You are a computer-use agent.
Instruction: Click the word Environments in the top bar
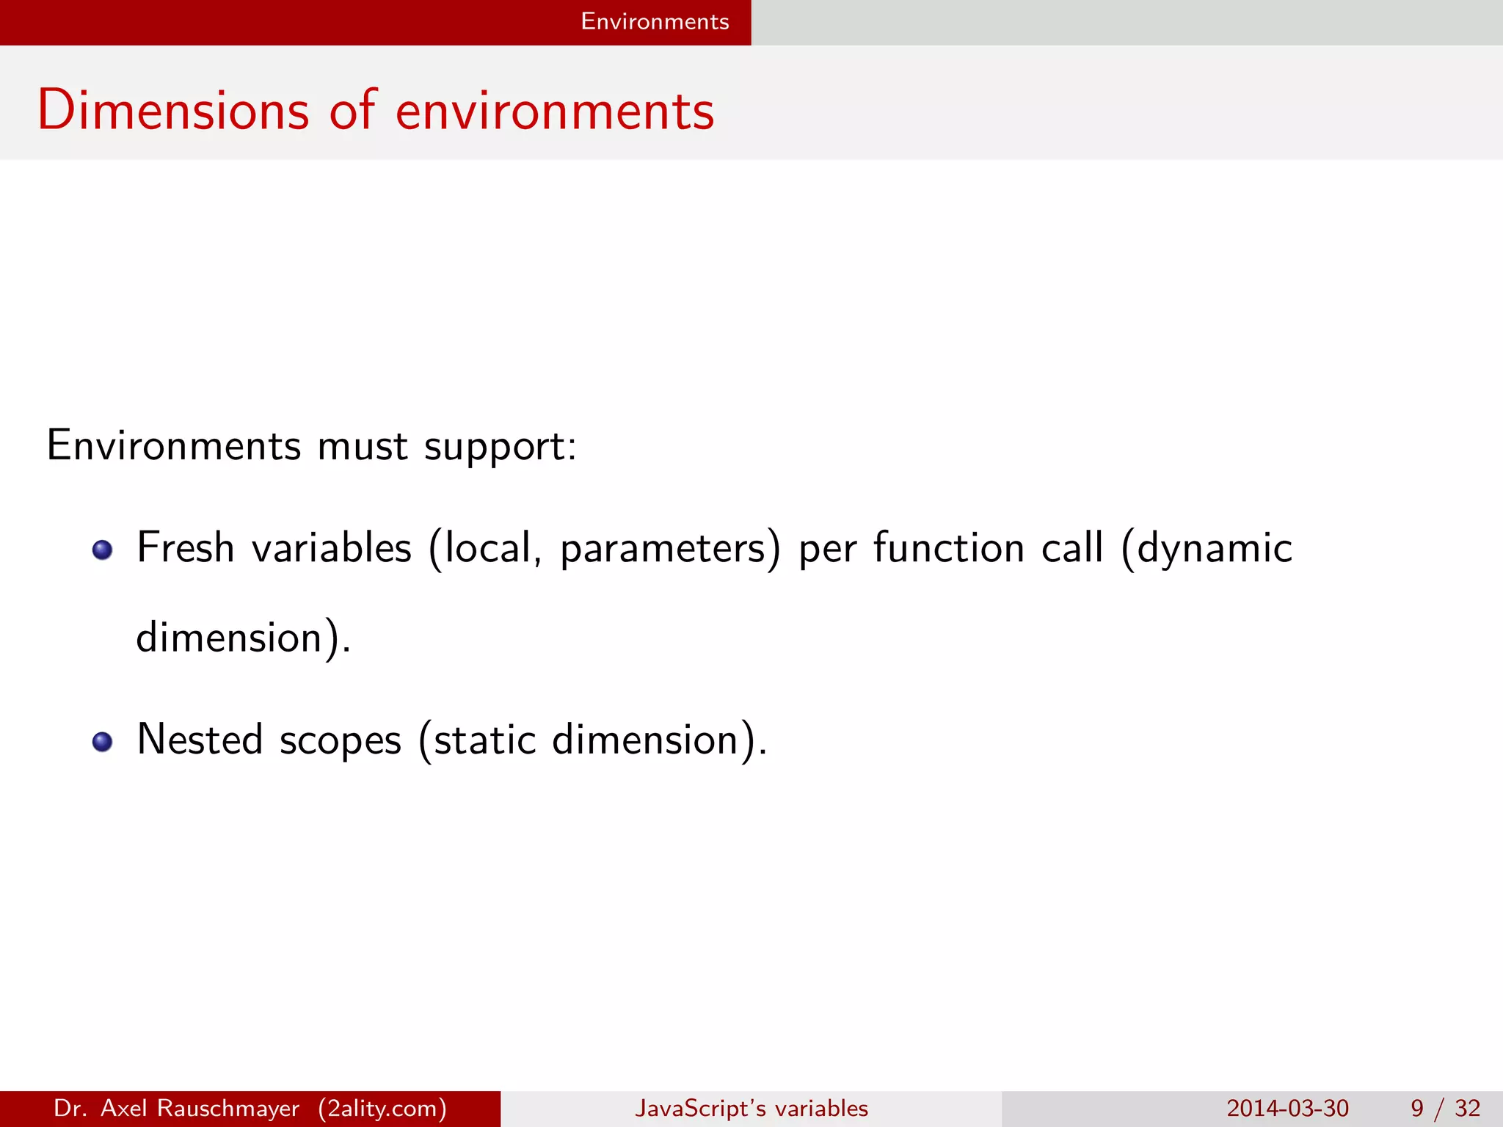[655, 21]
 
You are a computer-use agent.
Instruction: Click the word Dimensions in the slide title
[173, 111]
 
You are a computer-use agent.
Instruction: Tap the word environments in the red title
[555, 111]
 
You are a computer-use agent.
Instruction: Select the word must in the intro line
[363, 445]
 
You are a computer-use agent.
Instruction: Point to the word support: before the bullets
[501, 447]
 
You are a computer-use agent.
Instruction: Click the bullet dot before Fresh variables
[103, 550]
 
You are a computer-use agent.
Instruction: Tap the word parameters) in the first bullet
[670, 549]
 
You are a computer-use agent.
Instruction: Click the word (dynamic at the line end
[1207, 549]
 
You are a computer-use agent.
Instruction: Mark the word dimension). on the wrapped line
[243, 637]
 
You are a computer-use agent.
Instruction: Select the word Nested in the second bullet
[200, 739]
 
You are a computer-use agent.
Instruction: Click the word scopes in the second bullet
[341, 740]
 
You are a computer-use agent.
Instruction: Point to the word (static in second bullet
[477, 740]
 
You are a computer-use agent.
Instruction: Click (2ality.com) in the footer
[382, 1108]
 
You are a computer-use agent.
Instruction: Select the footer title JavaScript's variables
[751, 1108]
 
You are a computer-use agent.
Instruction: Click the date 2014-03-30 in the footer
[1287, 1108]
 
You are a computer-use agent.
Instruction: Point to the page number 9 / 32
[1445, 1108]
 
